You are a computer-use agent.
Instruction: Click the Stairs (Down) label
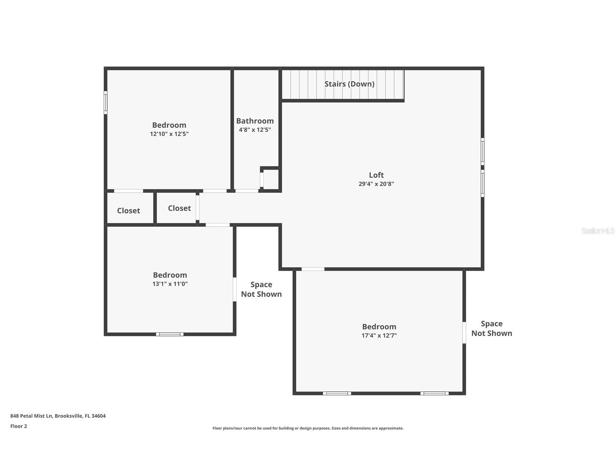[349, 84]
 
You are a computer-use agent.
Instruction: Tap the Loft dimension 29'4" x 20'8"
[376, 184]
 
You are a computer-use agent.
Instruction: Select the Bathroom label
[255, 121]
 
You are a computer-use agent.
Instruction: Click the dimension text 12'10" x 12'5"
[169, 134]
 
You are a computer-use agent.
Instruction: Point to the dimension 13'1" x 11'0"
[170, 284]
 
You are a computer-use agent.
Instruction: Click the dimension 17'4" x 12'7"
[379, 336]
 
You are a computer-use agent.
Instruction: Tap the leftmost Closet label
[128, 211]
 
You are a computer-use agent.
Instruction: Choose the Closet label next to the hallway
[179, 208]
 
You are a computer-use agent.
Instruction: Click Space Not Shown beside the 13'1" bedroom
[261, 289]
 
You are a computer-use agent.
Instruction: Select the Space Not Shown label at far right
[491, 328]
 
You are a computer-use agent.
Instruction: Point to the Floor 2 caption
[19, 426]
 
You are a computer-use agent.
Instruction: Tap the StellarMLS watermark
[597, 231]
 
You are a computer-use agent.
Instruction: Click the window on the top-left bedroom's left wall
[106, 102]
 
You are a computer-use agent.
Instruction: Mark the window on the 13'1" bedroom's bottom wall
[170, 334]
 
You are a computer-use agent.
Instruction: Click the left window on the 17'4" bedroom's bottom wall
[337, 393]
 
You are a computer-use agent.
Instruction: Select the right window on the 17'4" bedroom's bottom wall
[434, 393]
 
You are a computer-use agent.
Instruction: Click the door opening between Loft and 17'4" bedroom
[313, 269]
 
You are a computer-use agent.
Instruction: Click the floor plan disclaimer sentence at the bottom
[308, 428]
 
